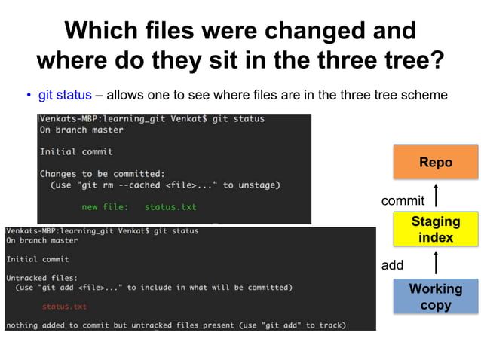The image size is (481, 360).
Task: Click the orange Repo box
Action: click(435, 162)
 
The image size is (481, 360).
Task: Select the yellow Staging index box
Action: click(435, 230)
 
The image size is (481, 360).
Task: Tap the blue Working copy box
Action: click(435, 297)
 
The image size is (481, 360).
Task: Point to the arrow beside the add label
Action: click(436, 264)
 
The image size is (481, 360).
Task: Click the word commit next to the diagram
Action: click(403, 200)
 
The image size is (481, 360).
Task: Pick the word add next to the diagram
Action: click(393, 265)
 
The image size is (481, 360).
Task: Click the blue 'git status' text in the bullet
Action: click(65, 95)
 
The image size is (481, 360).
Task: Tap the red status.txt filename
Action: click(64, 307)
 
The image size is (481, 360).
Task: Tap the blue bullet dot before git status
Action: click(28, 96)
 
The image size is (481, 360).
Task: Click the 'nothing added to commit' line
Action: click(175, 325)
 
